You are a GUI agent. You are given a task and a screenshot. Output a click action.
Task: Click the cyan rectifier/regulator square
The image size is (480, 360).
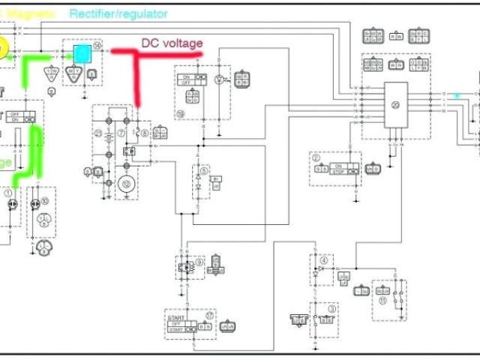[80, 54]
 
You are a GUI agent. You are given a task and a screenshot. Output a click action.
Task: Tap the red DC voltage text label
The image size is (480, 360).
[172, 43]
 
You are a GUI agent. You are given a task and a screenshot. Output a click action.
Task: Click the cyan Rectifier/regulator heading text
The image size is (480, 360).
[118, 13]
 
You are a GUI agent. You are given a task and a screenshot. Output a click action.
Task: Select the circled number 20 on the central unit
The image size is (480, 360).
[397, 104]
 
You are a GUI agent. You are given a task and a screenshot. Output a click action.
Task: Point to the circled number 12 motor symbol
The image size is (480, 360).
[126, 183]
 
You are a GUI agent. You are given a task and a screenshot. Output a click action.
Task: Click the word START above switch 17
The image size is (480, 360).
[178, 317]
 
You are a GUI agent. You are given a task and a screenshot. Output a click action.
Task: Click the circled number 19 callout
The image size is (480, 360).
[181, 115]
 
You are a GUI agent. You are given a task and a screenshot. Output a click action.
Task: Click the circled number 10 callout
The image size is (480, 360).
[45, 200]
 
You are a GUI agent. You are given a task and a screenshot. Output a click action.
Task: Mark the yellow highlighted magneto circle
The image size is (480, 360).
[4, 49]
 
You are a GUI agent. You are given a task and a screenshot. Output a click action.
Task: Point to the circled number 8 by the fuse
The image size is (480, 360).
[145, 133]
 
